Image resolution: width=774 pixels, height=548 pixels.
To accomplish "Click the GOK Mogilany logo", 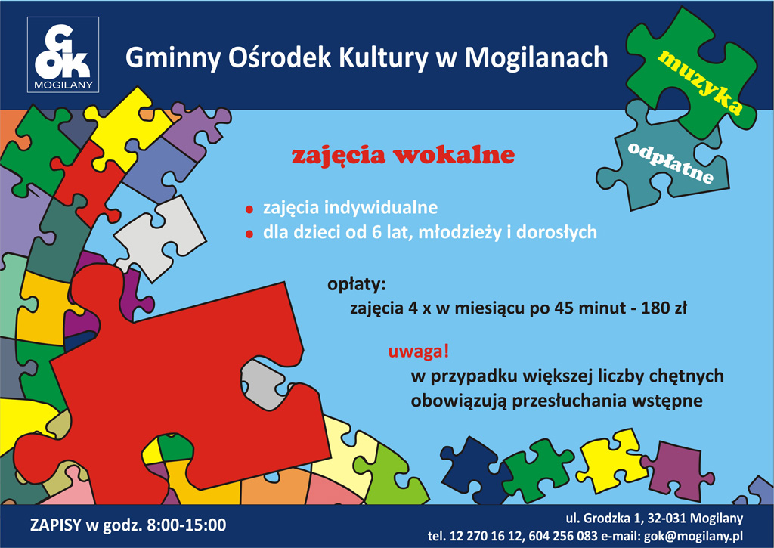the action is click(63, 54).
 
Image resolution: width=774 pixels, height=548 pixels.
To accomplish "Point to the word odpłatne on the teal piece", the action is click(671, 162).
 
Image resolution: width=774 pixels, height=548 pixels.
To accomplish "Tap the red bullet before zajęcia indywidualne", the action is click(249, 209).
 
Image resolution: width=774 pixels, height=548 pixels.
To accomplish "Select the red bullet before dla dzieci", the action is click(249, 234).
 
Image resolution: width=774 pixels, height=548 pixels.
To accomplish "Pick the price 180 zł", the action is click(664, 308).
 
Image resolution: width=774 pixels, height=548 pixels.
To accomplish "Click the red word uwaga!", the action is click(419, 351).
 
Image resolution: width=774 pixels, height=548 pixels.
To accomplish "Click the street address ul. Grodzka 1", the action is click(603, 519).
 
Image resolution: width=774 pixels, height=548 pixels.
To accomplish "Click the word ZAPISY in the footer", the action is click(55, 525).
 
